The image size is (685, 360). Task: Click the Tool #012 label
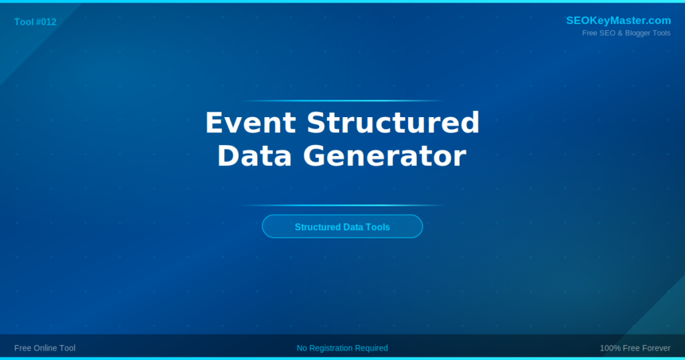pos(35,22)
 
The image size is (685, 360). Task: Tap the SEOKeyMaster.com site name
pos(618,21)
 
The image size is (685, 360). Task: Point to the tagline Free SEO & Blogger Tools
pos(626,33)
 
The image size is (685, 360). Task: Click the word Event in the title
pos(250,123)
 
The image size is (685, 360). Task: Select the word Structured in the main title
pos(393,123)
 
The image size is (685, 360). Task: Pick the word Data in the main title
pos(254,156)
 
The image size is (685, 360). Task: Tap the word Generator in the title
pos(385,156)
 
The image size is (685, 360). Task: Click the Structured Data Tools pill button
pos(342,227)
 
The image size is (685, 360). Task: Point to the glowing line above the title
pos(342,101)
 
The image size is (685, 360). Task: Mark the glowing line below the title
pos(342,205)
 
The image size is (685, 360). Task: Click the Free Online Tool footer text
pos(45,348)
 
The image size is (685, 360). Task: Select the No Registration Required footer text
pos(342,348)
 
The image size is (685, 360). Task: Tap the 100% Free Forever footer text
pos(635,348)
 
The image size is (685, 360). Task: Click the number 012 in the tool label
pos(48,22)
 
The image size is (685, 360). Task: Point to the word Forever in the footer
pos(656,348)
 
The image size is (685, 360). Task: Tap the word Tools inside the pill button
pos(378,227)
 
